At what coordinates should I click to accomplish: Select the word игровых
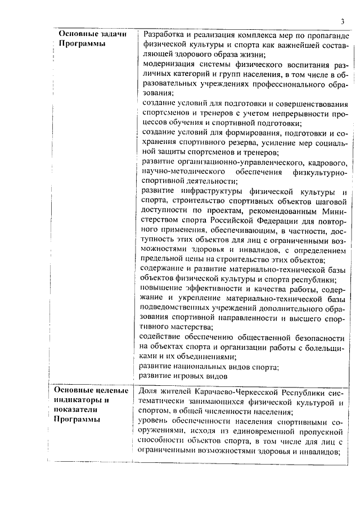195,376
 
